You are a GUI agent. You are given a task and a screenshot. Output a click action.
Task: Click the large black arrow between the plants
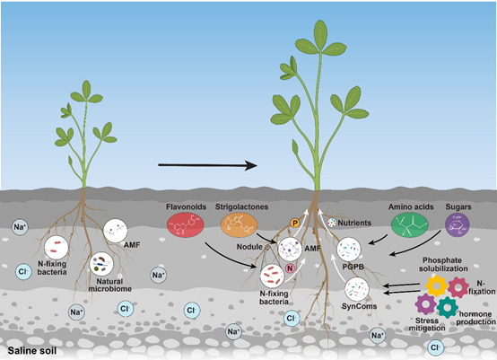(205, 165)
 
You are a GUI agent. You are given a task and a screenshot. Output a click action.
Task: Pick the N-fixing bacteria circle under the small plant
(58, 248)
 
